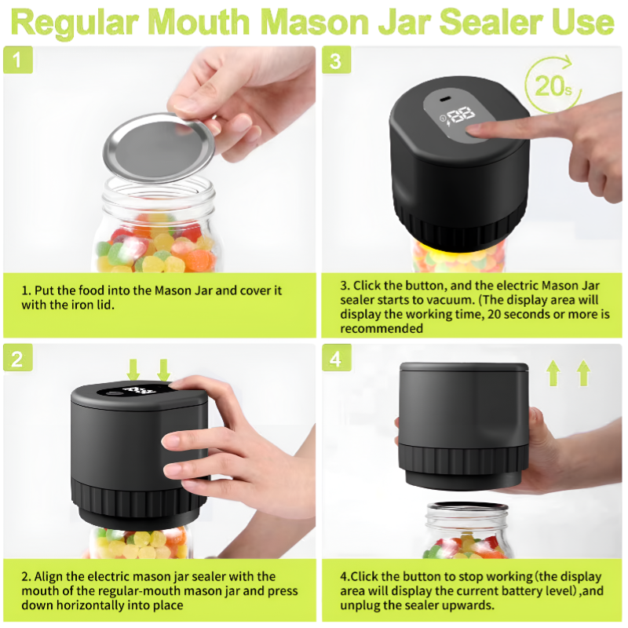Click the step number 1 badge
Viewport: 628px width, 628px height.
(x=17, y=60)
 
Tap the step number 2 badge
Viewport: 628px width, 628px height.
(x=17, y=358)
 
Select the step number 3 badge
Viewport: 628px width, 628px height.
(x=337, y=60)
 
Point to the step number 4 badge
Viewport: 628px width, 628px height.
(x=337, y=358)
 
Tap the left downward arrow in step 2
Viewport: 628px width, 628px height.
(x=133, y=369)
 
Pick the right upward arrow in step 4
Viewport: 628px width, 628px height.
(x=583, y=372)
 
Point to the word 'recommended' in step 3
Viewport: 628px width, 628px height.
(x=382, y=328)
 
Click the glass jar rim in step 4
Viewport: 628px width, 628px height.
(x=466, y=506)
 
